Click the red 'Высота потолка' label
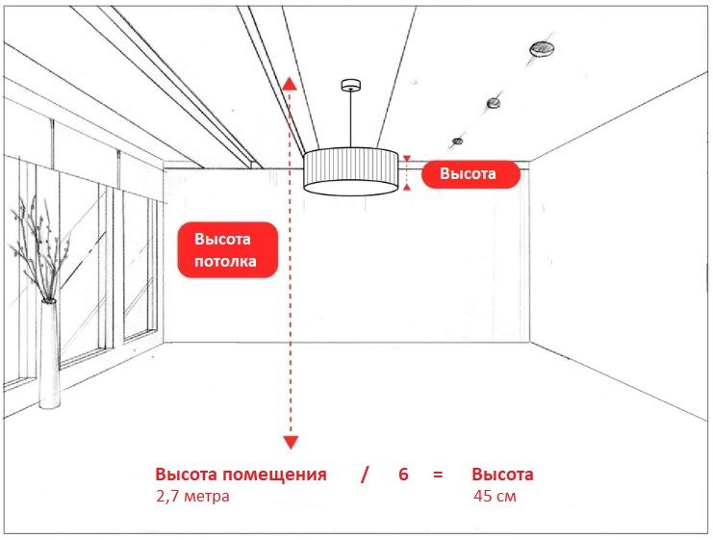click(227, 249)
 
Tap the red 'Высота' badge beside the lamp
click(471, 174)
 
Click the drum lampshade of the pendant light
click(350, 171)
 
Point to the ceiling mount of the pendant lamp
click(350, 85)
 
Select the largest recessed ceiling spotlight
click(542, 49)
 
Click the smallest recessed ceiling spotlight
click(458, 141)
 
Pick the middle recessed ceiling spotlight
click(494, 103)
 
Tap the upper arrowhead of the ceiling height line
click(291, 83)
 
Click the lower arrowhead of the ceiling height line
click(291, 442)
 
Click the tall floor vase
click(49, 353)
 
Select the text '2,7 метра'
click(192, 496)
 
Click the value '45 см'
click(495, 496)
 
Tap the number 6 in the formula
click(403, 474)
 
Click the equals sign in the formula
click(438, 475)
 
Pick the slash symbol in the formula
click(365, 475)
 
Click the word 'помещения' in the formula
click(274, 475)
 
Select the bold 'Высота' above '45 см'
click(502, 474)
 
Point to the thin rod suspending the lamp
click(350, 118)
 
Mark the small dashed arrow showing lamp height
click(407, 172)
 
